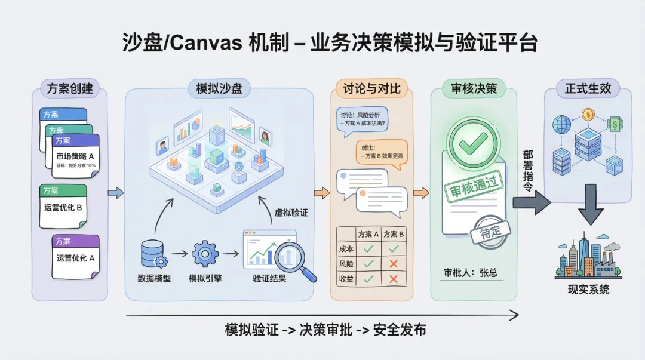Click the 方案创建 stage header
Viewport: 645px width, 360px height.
click(70, 89)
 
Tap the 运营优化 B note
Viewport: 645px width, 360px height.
click(63, 208)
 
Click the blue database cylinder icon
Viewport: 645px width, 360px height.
click(152, 253)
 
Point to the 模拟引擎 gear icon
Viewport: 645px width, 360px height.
click(205, 253)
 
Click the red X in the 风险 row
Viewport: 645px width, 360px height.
click(393, 263)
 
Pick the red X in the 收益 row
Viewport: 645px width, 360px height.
click(393, 278)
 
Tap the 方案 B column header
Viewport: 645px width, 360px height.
click(394, 234)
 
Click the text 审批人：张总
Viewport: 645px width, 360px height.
click(470, 272)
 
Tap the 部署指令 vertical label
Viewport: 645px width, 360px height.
click(528, 171)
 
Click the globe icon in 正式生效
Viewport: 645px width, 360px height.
click(562, 125)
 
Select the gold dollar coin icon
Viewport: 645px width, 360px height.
click(588, 113)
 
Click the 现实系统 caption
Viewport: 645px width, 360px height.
click(588, 290)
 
